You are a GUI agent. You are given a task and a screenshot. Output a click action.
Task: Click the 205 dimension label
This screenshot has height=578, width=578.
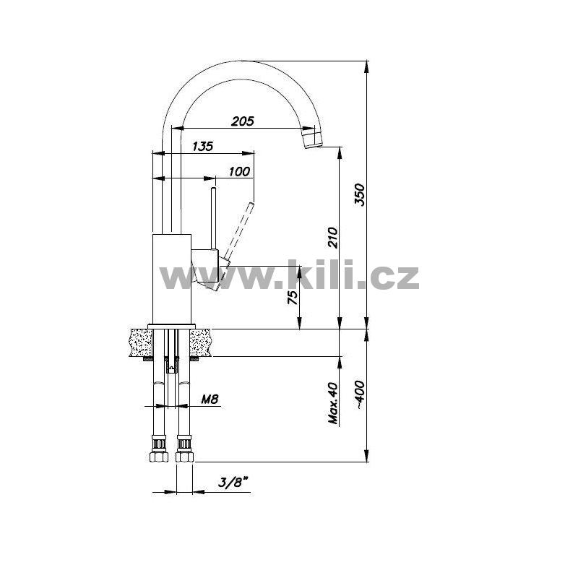(x=243, y=121)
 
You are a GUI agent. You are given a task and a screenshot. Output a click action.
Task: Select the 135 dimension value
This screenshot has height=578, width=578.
(x=203, y=147)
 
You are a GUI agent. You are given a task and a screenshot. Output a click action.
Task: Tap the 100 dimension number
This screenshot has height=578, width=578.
(x=240, y=171)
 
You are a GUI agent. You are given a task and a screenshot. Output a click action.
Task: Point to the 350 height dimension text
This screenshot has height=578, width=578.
(x=359, y=194)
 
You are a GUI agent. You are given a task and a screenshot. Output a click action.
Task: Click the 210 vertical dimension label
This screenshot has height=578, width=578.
(x=333, y=238)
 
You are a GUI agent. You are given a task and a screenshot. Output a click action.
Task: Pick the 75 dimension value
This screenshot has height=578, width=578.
(x=293, y=297)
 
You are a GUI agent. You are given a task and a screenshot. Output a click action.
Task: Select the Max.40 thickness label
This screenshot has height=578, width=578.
(x=333, y=403)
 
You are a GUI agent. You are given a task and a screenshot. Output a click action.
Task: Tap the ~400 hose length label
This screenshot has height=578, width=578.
(x=360, y=395)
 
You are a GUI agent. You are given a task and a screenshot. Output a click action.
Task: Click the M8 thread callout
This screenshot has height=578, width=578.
(x=210, y=399)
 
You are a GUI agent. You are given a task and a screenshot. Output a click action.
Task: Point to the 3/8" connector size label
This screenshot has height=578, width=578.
(x=233, y=482)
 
